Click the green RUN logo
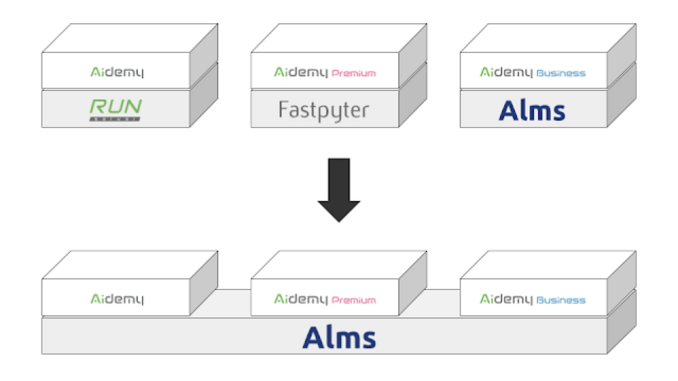[x=116, y=107]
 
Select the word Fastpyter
[x=323, y=110]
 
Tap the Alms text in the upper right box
[x=532, y=110]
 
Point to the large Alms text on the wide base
[x=339, y=338]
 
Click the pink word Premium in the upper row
[x=354, y=73]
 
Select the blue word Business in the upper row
[x=561, y=73]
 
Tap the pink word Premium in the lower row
[x=354, y=300]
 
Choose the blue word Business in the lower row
[x=561, y=300]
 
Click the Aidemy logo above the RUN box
[x=116, y=72]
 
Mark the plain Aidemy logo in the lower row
[x=116, y=299]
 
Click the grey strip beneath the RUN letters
[x=115, y=119]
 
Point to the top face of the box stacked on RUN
[x=130, y=38]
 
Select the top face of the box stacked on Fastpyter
[x=338, y=38]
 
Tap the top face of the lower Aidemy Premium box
[x=338, y=265]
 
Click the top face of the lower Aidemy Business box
[x=548, y=265]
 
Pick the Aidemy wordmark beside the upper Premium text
[x=301, y=72]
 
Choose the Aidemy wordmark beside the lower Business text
[x=506, y=299]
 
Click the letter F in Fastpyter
[x=283, y=109]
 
